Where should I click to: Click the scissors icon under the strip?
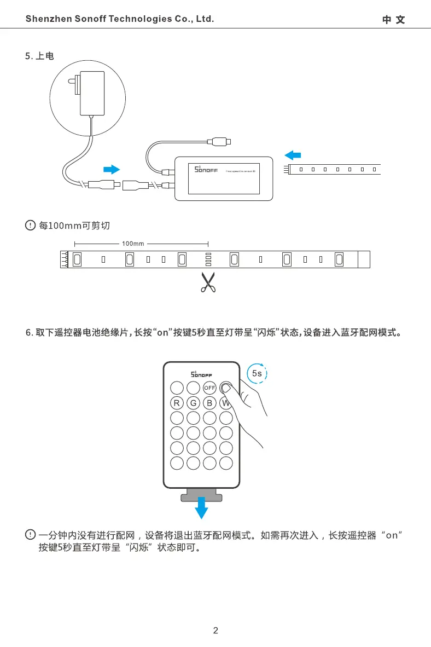[x=208, y=282]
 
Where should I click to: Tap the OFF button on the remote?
[x=209, y=388]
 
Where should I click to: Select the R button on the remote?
[x=177, y=403]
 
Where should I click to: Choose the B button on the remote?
[x=209, y=403]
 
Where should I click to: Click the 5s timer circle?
[x=257, y=373]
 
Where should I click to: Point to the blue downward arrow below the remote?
[x=202, y=507]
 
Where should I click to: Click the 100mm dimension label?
[x=133, y=244]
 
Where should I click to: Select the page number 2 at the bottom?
[x=215, y=631]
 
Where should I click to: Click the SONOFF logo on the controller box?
[x=207, y=172]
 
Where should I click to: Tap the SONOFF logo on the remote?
[x=201, y=374]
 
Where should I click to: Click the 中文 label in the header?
[x=394, y=20]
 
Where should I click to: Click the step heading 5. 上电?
[x=40, y=56]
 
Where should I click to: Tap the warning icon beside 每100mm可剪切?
[x=31, y=225]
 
